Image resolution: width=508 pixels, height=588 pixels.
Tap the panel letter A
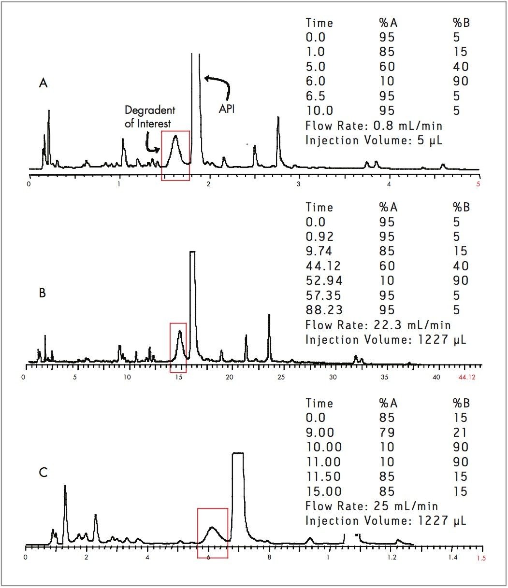43,84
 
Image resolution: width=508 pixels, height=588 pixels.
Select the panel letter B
42,293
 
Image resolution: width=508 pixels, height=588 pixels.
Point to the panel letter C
43,472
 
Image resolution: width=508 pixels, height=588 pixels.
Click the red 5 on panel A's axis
479,184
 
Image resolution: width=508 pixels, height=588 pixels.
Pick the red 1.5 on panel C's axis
481,558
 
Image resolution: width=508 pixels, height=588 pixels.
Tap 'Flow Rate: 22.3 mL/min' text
378,325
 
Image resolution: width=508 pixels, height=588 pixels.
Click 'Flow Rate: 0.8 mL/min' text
374,126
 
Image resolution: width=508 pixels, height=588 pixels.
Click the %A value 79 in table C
387,433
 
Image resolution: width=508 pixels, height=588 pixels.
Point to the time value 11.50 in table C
323,476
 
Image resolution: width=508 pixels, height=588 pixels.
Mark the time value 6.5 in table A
316,96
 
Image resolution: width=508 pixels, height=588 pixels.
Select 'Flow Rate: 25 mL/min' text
372,506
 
